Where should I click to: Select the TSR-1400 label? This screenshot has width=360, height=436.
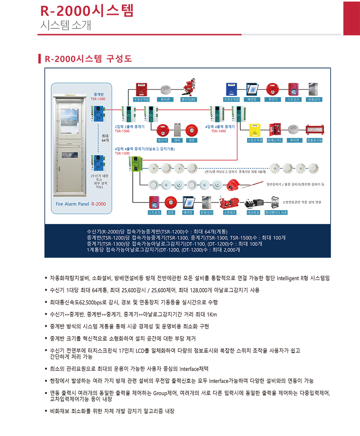(x=218, y=132)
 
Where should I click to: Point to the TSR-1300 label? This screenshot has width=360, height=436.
(x=121, y=153)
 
